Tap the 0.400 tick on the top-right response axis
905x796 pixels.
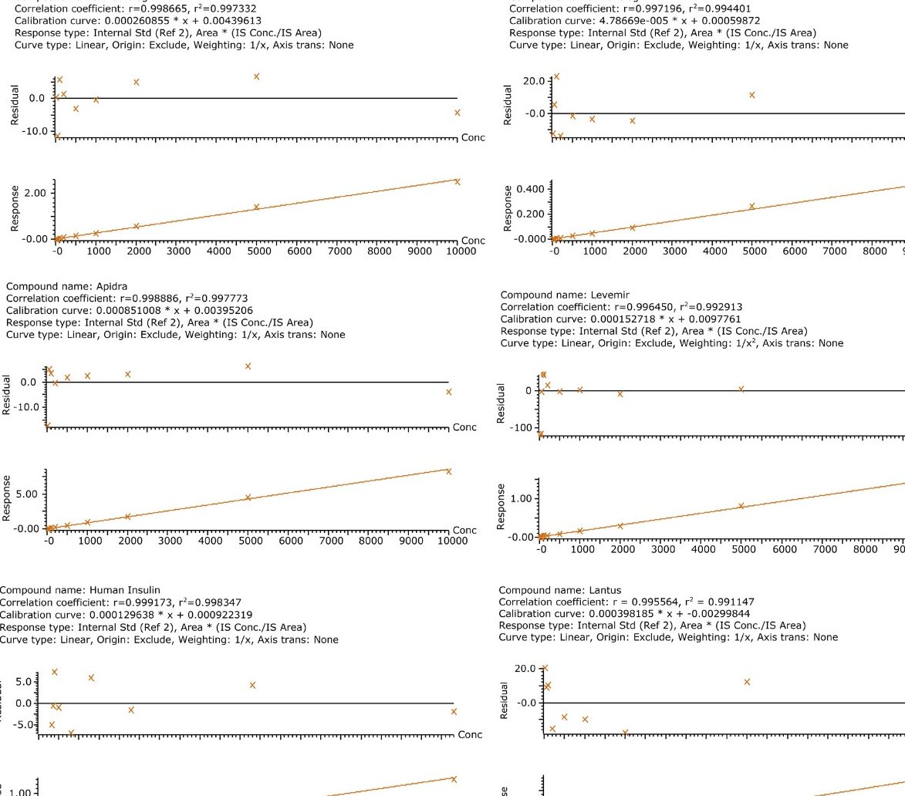(535, 190)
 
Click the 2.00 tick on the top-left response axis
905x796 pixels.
(35, 193)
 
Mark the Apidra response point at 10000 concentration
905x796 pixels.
(448, 471)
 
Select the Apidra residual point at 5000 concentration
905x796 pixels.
(248, 366)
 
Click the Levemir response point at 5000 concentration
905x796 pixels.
(741, 506)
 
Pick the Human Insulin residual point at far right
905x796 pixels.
(454, 711)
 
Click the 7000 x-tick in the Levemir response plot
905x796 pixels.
(825, 551)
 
